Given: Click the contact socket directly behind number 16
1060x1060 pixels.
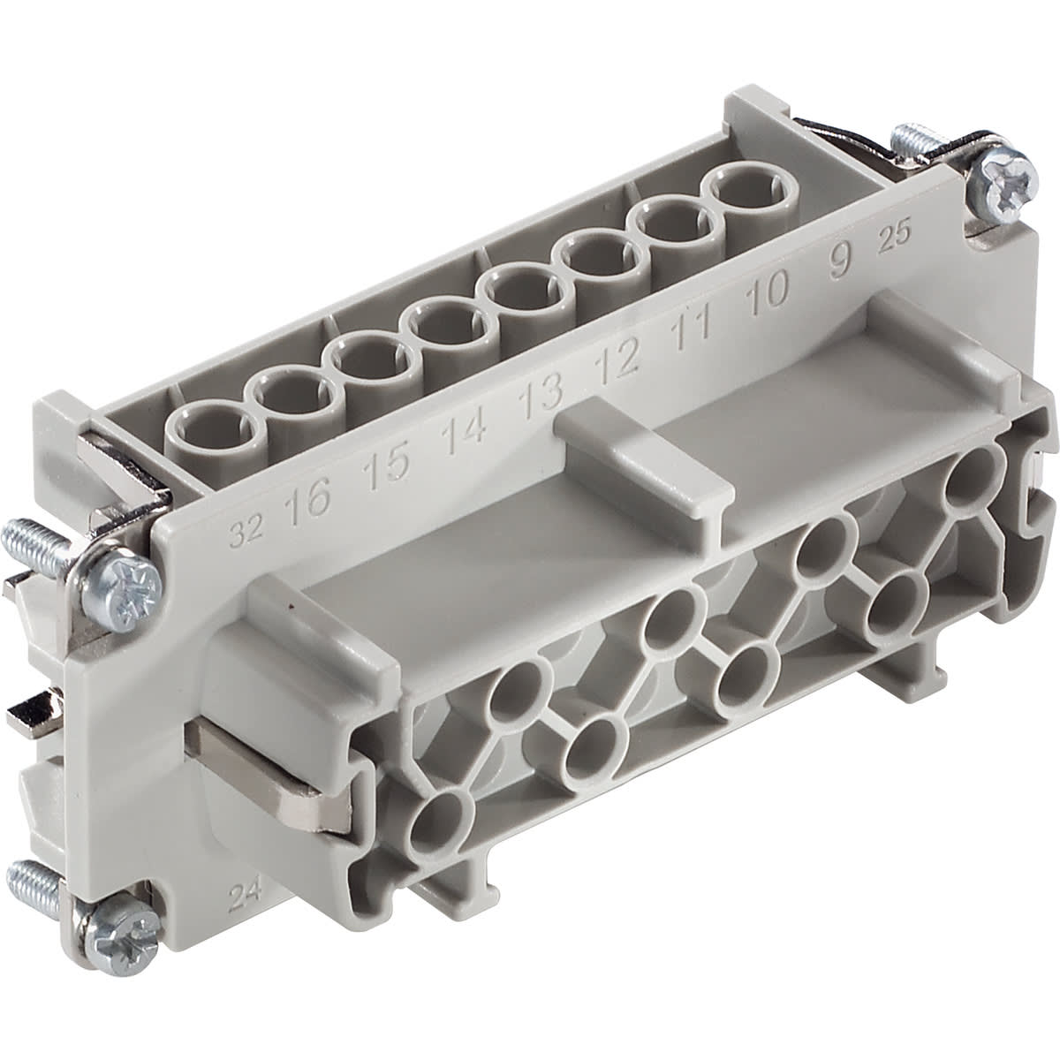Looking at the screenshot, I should point(201,425).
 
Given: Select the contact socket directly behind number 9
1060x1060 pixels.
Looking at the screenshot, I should point(743,189).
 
